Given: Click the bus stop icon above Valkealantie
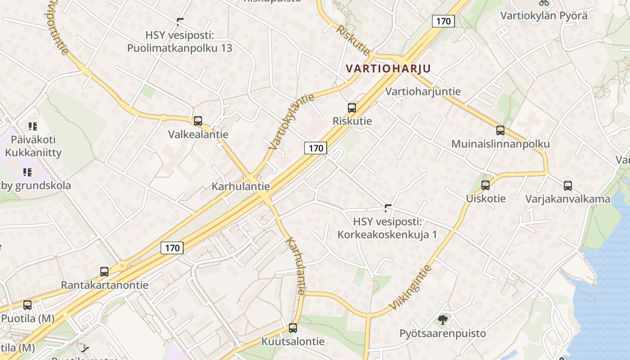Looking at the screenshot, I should point(198,121).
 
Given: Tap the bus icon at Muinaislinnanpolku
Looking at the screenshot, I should point(500,130).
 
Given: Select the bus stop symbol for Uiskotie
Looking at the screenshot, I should point(486,185).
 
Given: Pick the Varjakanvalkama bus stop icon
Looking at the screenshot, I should point(568,185).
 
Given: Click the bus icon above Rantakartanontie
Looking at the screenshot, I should point(104,271).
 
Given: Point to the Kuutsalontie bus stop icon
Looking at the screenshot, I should point(293,328).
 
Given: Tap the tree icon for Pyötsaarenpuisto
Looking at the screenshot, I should point(443,320).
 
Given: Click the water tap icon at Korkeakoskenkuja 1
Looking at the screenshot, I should point(388,208).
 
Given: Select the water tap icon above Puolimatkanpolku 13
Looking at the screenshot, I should point(180,21).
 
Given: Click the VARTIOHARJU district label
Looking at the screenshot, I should point(388,68).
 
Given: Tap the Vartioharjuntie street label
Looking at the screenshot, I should point(423,91).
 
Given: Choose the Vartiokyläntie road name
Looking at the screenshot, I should point(292,121).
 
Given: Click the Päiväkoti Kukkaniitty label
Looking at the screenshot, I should point(33,146).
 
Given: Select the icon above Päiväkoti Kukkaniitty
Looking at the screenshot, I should point(32,126).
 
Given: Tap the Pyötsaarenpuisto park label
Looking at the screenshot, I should point(443,333).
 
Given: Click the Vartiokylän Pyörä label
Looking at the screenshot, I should point(544,15).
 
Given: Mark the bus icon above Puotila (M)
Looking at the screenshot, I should point(27,305).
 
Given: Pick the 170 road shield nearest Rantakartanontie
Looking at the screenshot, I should point(172,247).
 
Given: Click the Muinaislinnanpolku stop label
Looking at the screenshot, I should point(500,144).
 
